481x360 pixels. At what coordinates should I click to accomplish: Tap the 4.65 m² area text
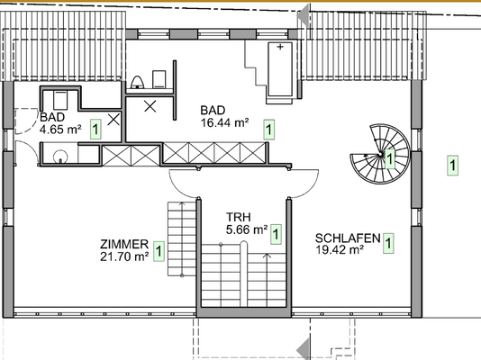(60, 130)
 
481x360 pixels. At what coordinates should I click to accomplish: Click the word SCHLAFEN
(346, 238)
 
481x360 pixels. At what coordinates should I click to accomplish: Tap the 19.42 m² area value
(339, 250)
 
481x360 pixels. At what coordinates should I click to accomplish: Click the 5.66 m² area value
(246, 229)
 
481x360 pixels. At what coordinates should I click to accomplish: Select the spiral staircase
(378, 154)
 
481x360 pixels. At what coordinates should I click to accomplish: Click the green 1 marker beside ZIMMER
(159, 251)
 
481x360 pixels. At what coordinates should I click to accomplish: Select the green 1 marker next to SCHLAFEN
(388, 242)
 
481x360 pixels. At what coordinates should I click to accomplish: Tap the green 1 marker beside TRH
(276, 235)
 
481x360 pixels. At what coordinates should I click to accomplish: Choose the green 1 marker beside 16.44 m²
(268, 129)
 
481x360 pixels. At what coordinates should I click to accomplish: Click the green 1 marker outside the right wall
(451, 165)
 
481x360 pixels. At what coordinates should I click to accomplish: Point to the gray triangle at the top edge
(304, 13)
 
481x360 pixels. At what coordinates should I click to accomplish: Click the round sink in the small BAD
(59, 156)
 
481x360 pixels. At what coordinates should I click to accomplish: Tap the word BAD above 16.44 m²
(213, 110)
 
